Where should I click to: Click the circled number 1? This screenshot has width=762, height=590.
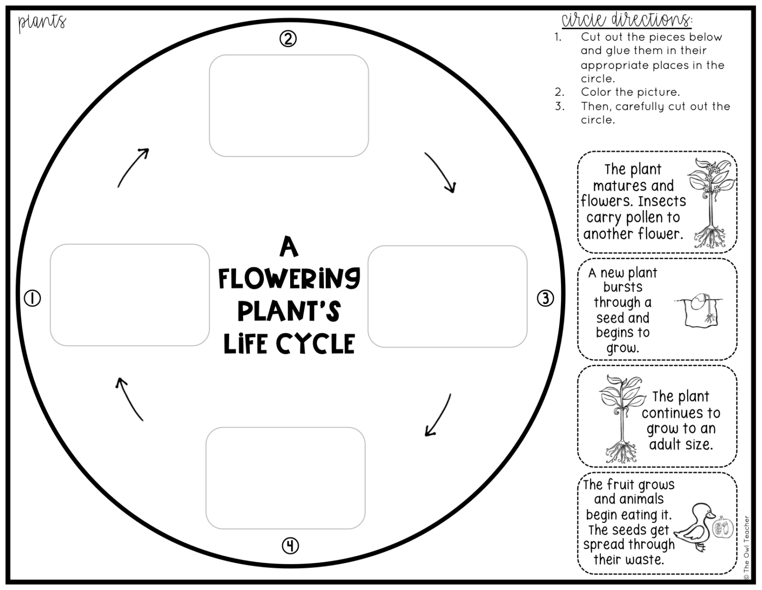coord(33,298)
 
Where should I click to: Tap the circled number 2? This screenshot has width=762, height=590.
coord(288,38)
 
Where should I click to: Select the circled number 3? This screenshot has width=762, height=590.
coord(545,298)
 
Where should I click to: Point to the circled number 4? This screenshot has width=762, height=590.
coord(290,546)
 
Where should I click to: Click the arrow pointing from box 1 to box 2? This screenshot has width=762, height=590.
coord(133,167)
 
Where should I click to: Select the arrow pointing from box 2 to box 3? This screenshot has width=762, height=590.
coord(440,172)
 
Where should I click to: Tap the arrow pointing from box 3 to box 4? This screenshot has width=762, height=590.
coord(438,415)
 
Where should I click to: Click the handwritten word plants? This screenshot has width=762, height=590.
coord(42,22)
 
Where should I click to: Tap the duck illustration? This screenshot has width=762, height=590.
coord(695,527)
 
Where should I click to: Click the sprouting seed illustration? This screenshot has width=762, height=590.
coord(699,310)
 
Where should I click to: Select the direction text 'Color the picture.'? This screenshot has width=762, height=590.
coord(630,92)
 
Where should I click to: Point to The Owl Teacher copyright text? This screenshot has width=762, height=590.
coord(747,547)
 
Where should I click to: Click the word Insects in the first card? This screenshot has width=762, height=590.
coord(662,201)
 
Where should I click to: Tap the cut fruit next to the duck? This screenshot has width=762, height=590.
coord(723,528)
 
